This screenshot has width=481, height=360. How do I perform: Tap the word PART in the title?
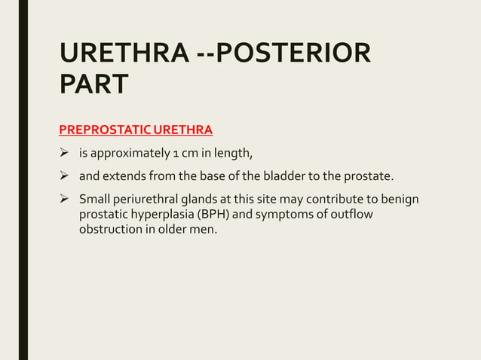pos(93,84)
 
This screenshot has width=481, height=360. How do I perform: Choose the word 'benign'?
pos(400,200)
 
